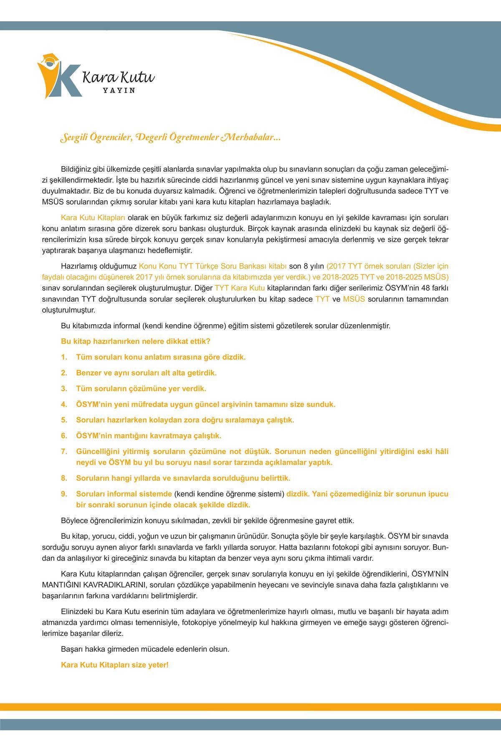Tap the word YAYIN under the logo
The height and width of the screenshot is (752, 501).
[x=119, y=91]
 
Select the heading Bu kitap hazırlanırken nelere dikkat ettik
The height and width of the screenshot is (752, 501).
[x=136, y=341]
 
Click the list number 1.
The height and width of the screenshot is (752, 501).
[x=64, y=357]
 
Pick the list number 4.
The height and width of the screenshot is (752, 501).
[x=64, y=404]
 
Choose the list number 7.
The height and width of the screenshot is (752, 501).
[x=64, y=452]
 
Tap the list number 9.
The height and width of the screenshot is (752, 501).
[x=64, y=494]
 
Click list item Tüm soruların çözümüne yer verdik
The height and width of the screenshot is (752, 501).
[x=141, y=389]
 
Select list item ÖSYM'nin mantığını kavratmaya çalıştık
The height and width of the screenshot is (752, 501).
[x=149, y=436]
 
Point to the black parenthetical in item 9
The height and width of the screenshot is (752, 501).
[x=229, y=494]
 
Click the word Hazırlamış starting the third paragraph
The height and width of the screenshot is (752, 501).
[x=78, y=266]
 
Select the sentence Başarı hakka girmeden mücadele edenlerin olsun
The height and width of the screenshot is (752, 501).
[x=145, y=649]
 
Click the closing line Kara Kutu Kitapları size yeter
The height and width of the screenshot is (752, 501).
[x=115, y=665]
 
